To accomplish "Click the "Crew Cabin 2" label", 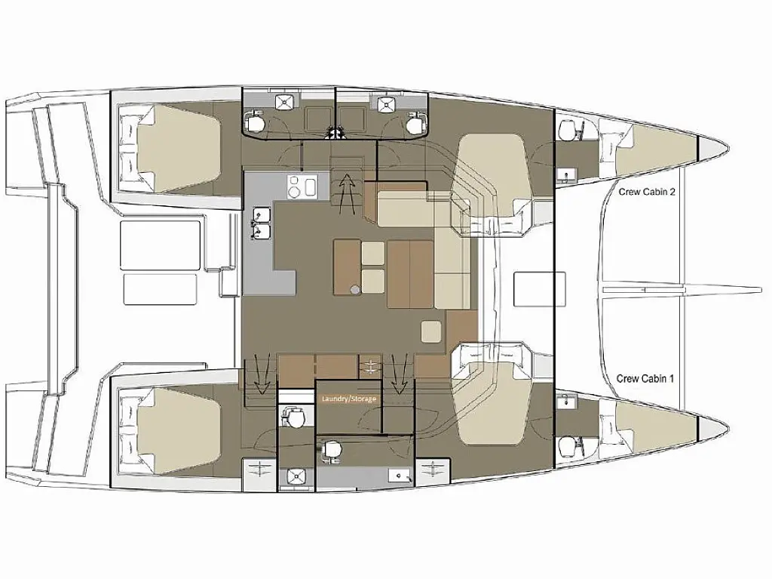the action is point(646,192).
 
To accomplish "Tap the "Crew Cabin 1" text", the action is point(645,379).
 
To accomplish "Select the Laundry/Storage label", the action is point(348,399).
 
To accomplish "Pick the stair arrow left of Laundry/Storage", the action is point(261,374).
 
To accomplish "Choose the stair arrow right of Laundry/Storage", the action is point(399,373).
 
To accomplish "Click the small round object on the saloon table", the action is point(355,290).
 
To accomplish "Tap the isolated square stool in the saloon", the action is point(431,331).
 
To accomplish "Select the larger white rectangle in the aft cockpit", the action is point(160,245).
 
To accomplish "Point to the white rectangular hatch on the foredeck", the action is point(533,288).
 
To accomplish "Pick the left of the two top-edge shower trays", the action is point(285,102).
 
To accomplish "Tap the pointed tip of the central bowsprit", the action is point(761,290).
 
